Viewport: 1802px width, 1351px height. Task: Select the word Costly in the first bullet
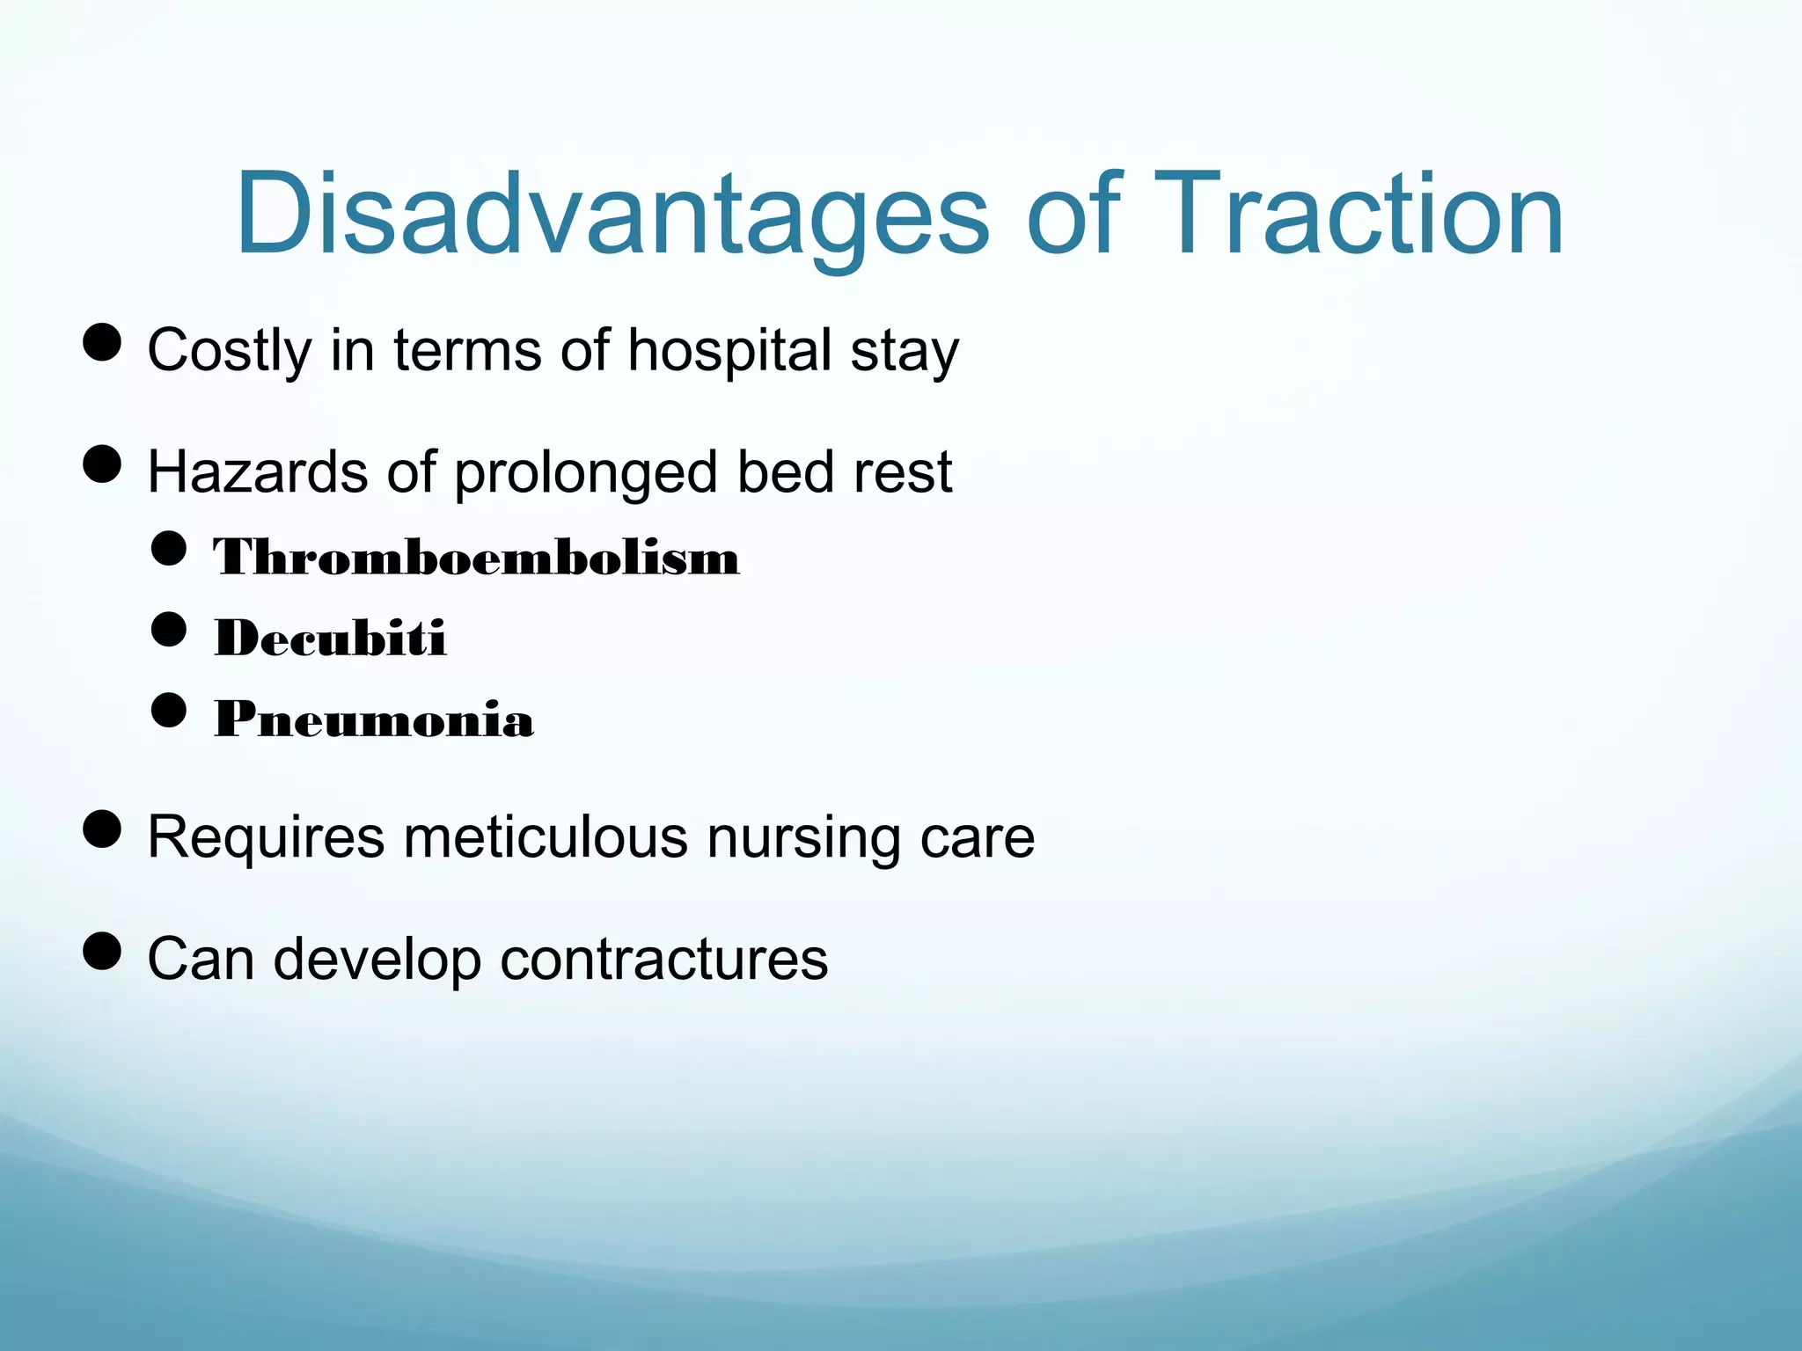(x=229, y=351)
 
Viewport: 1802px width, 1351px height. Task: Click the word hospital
(x=729, y=351)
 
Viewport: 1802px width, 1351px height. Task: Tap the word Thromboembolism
(x=476, y=557)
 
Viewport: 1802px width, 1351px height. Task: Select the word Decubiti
(x=331, y=638)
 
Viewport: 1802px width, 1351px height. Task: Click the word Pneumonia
(x=374, y=719)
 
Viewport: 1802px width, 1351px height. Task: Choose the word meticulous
(x=546, y=836)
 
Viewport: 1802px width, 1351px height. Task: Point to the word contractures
(x=664, y=959)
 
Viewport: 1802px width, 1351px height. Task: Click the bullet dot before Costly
(x=102, y=342)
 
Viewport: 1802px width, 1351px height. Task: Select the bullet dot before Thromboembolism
(x=169, y=549)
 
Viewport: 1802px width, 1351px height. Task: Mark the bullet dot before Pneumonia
(x=169, y=710)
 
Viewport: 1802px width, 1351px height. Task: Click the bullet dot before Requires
(x=102, y=829)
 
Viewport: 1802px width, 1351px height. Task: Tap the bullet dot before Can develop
(x=102, y=951)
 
